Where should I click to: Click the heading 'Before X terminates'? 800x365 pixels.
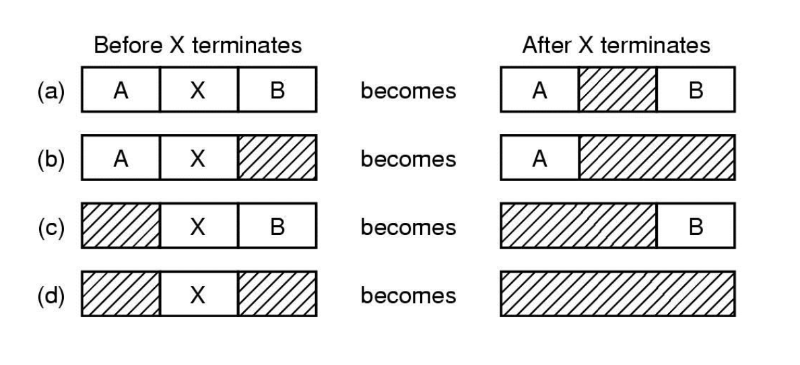[x=197, y=46]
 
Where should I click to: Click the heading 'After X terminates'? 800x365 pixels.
[x=615, y=46]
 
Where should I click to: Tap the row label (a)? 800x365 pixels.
[x=51, y=90]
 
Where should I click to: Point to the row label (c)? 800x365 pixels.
[x=51, y=227]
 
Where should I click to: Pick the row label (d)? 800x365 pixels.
[x=51, y=295]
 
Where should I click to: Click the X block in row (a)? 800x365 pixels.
[x=198, y=90]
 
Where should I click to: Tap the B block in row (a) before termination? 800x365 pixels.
[x=277, y=90]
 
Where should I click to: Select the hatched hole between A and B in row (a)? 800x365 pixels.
[x=617, y=90]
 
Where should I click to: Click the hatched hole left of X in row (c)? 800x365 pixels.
[x=121, y=227]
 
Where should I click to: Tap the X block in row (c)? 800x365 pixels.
[x=198, y=227]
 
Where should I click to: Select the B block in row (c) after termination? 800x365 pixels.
[x=696, y=227]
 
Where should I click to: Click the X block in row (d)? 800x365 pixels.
[x=198, y=295]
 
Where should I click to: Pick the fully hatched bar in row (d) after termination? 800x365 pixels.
[x=617, y=295]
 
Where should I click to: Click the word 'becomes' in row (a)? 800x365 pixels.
[x=408, y=90]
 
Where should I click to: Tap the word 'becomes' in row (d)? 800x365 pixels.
[x=408, y=295]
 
